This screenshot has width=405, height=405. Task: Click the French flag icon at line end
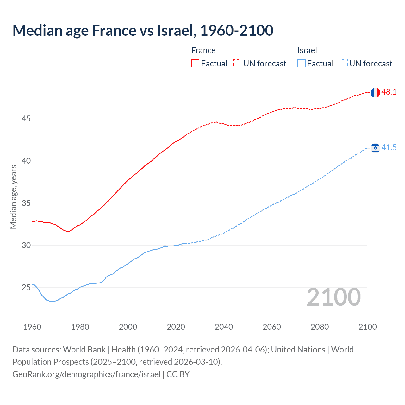(375, 92)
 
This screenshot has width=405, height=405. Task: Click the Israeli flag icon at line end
(375, 148)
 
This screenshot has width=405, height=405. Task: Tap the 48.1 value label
(389, 92)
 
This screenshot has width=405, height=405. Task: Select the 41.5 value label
(389, 148)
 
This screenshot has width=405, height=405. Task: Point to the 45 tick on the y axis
(26, 119)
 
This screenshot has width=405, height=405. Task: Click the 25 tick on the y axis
(26, 288)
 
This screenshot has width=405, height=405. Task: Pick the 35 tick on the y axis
(26, 203)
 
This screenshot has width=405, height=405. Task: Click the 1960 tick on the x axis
(32, 327)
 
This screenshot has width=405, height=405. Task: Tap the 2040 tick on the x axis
(224, 327)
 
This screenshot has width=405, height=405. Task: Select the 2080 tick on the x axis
(320, 327)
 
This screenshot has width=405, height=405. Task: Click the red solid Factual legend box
(195, 64)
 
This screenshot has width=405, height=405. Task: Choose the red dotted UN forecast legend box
(237, 64)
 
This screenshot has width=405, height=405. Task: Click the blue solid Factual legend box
(302, 64)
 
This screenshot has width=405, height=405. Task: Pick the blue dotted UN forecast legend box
(344, 64)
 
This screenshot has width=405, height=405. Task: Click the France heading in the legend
(203, 50)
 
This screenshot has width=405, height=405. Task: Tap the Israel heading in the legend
(307, 50)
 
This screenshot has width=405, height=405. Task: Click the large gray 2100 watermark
(334, 297)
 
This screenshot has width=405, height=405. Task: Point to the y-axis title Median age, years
(13, 197)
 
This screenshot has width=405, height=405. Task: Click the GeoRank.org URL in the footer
(86, 374)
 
